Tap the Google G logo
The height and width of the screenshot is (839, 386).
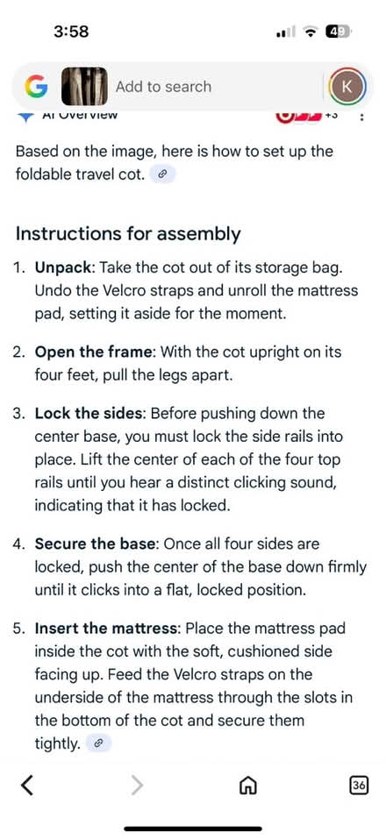click(36, 86)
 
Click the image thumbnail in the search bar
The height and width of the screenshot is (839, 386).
click(84, 86)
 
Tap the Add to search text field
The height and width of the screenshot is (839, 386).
click(163, 87)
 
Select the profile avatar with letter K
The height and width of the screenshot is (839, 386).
click(347, 87)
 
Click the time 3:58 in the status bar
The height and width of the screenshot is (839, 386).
click(71, 32)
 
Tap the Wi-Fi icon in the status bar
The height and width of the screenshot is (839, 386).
click(310, 32)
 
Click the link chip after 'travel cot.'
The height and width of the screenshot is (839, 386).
click(163, 174)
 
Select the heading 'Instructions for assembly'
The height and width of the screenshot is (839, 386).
click(128, 234)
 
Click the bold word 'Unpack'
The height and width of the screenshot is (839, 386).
click(64, 268)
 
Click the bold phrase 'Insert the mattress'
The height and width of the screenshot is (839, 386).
click(108, 629)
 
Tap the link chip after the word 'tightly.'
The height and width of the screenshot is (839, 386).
click(98, 743)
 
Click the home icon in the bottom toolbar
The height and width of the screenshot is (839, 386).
click(247, 785)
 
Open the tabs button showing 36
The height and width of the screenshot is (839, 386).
click(359, 785)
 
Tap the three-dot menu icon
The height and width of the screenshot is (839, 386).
click(362, 117)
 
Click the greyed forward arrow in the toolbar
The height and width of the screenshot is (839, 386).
click(138, 785)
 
